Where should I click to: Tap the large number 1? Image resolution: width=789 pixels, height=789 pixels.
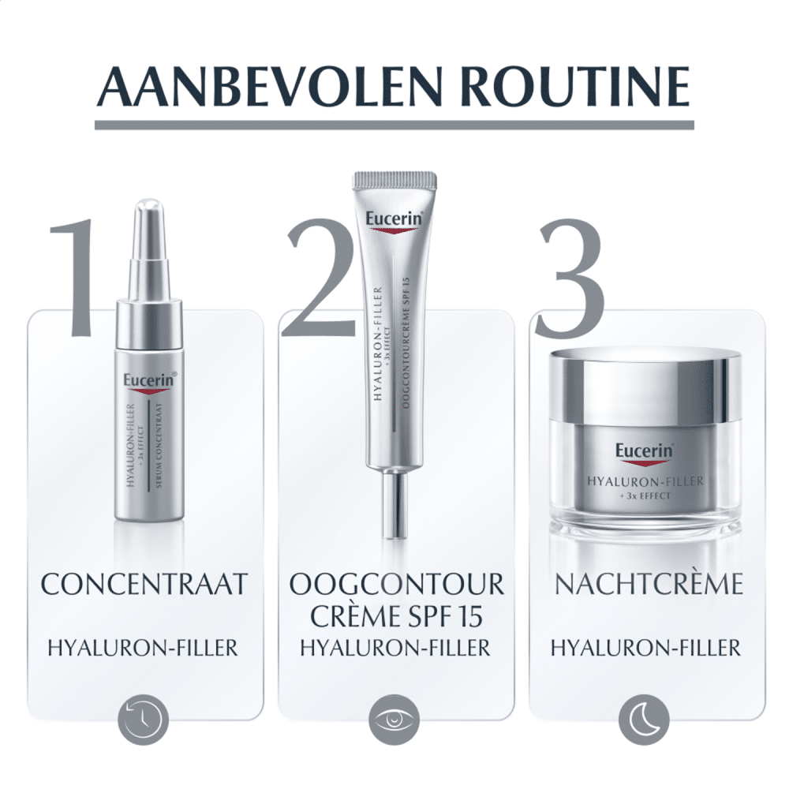(x=72, y=277)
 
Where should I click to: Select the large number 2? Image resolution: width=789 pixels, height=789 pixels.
(x=320, y=277)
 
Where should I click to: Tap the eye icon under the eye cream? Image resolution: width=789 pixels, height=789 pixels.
(x=394, y=719)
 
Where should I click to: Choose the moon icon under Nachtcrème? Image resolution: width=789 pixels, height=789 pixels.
(x=644, y=719)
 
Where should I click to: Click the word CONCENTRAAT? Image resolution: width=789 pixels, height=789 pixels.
(x=144, y=584)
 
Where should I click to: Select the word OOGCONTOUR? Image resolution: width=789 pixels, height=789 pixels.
(x=397, y=584)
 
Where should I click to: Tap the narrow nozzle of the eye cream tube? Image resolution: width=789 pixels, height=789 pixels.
(x=394, y=504)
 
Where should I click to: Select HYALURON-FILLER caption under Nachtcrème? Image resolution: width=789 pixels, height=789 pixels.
(x=645, y=648)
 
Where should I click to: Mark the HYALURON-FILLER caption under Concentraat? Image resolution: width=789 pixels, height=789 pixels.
(x=142, y=648)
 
